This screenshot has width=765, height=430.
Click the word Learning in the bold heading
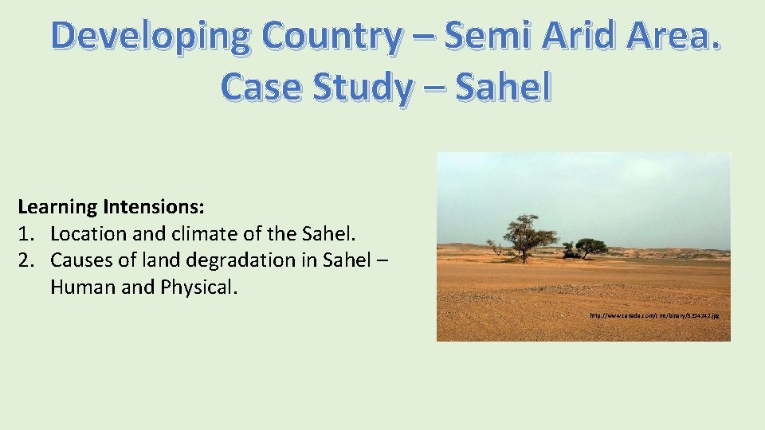tap(57, 208)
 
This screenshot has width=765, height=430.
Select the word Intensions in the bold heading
tap(153, 208)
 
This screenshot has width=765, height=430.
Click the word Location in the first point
tap(84, 234)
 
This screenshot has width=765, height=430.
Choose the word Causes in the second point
tap(80, 260)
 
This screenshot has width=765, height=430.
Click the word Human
tap(80, 287)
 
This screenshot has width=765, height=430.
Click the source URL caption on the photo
tap(654, 316)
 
